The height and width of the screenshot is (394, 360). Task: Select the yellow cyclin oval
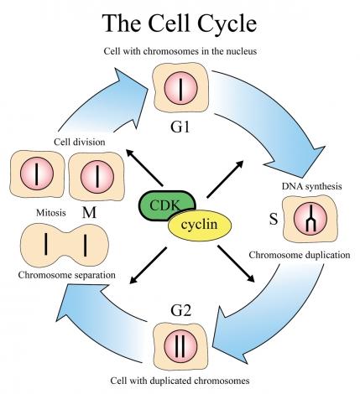click(x=200, y=225)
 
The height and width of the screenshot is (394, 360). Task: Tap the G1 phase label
click(x=180, y=127)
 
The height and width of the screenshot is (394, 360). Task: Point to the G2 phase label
click(x=180, y=311)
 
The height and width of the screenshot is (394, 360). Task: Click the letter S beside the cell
click(x=274, y=219)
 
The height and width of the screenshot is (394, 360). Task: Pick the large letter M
click(x=89, y=213)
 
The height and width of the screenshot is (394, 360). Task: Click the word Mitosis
click(x=51, y=213)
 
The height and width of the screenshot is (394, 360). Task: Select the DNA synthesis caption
click(x=311, y=186)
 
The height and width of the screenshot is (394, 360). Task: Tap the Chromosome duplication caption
click(x=300, y=255)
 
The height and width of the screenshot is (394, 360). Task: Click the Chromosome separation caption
click(x=67, y=275)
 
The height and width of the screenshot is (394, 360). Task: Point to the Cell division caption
click(x=80, y=142)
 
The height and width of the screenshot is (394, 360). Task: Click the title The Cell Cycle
click(x=180, y=23)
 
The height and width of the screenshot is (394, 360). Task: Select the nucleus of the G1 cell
click(x=180, y=88)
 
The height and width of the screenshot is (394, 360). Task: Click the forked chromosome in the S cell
click(x=310, y=219)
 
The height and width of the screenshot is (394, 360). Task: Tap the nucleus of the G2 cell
click(x=180, y=345)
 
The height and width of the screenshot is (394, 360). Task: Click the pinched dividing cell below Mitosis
click(x=65, y=246)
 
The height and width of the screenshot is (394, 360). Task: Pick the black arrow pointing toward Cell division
click(x=144, y=168)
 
